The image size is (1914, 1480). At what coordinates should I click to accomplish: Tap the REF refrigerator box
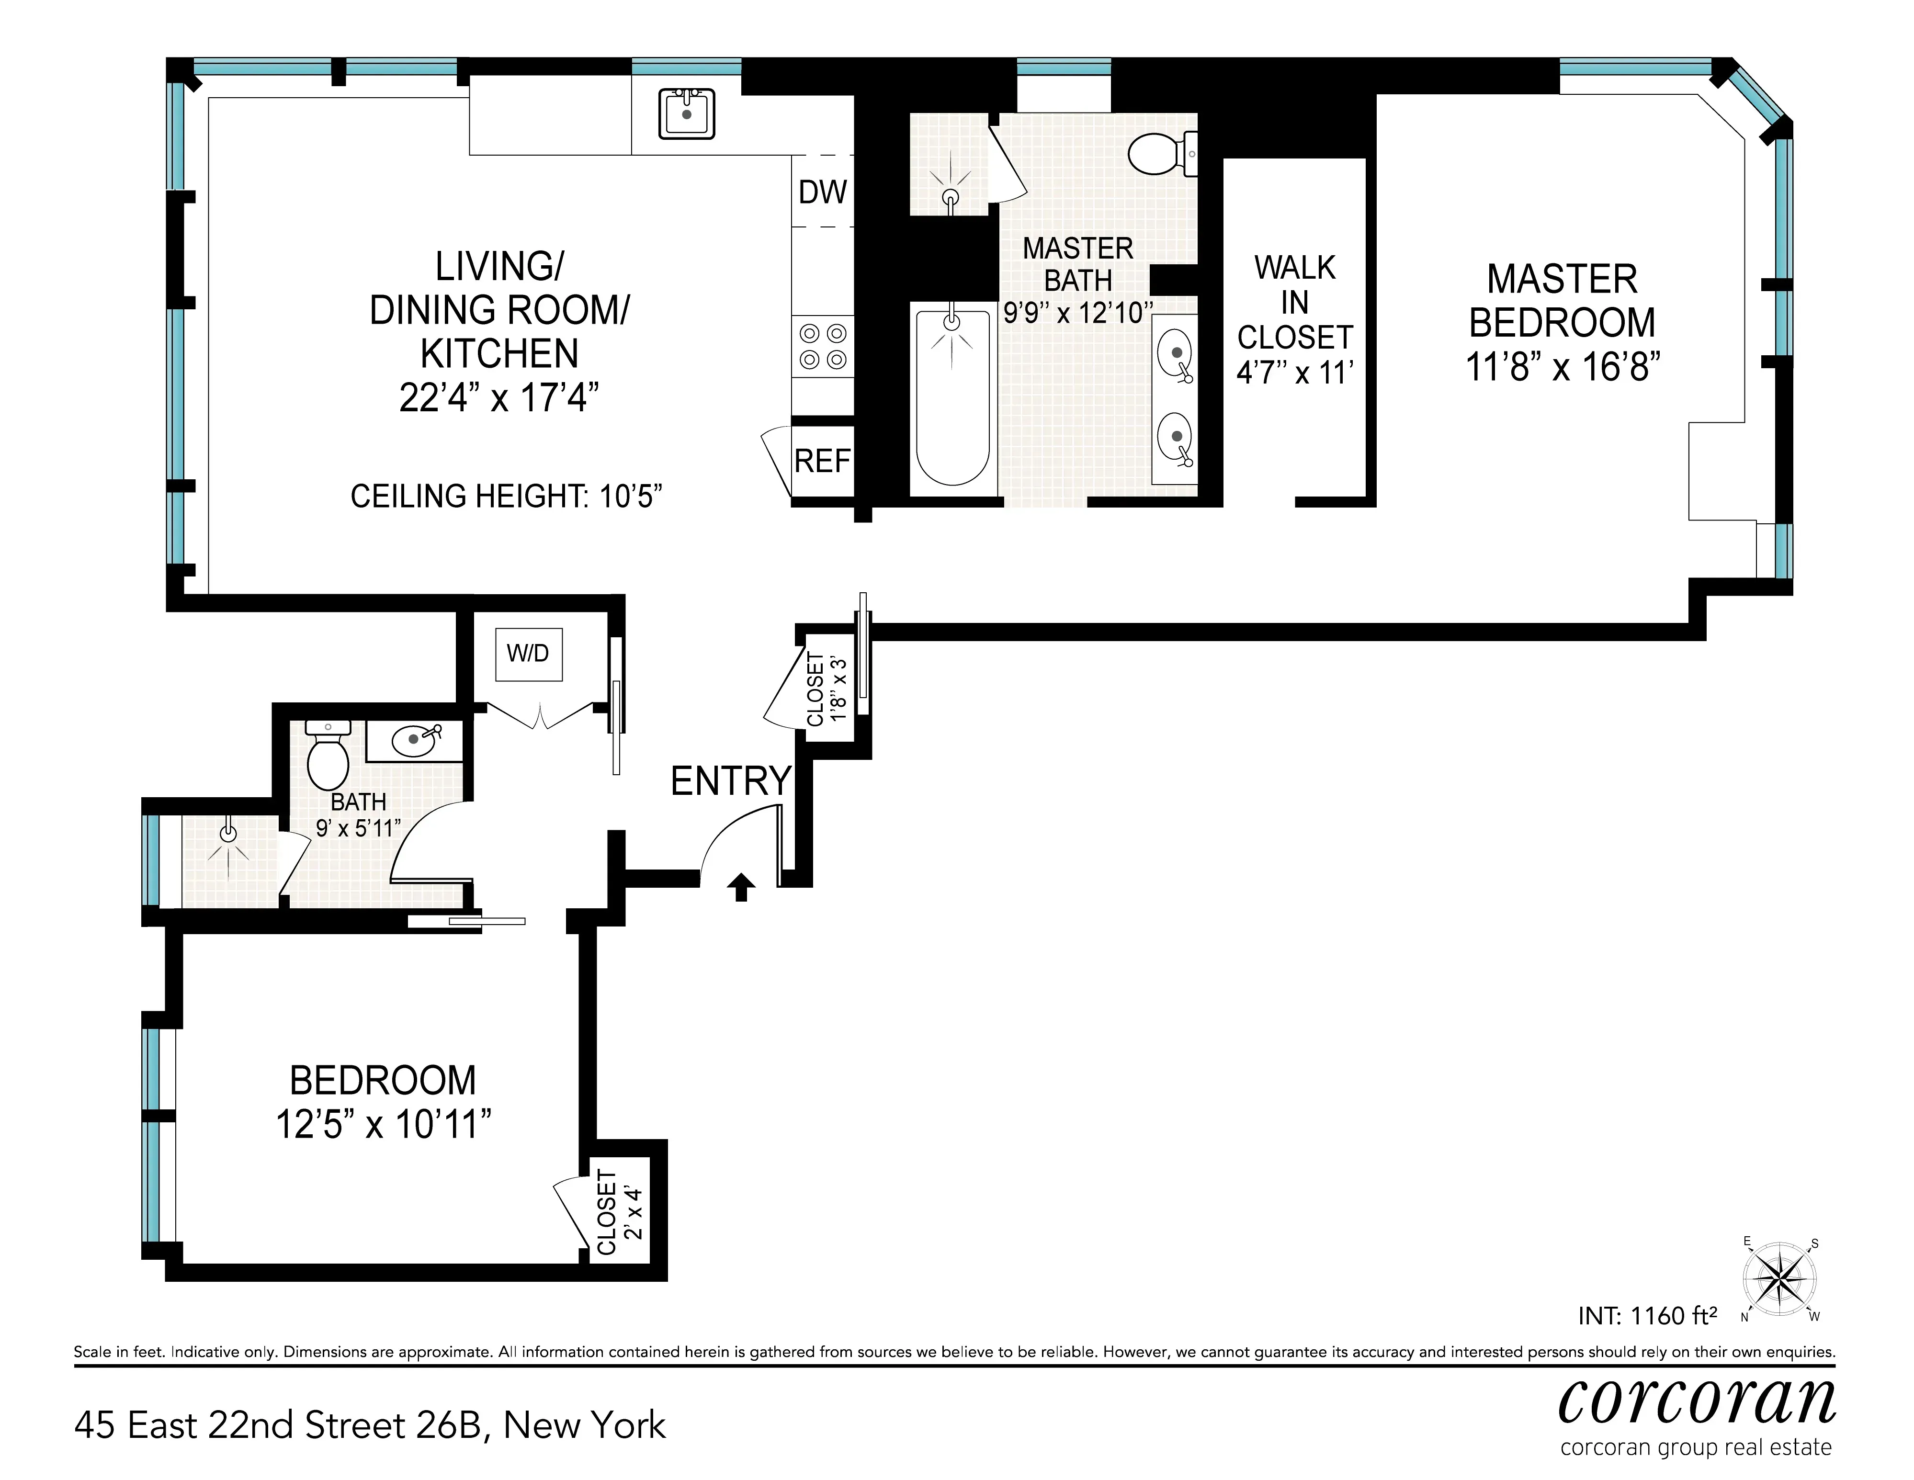pyautogui.click(x=822, y=461)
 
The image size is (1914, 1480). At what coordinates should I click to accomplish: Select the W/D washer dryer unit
pyautogui.click(x=528, y=654)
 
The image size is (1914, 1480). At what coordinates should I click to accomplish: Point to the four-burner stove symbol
pyautogui.click(x=822, y=346)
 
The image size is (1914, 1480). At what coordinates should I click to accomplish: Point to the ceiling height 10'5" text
pyautogui.click(x=506, y=496)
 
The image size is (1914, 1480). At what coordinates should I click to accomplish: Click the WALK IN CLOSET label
pyautogui.click(x=1294, y=302)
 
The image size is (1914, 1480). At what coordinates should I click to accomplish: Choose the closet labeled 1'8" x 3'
pyautogui.click(x=827, y=689)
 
